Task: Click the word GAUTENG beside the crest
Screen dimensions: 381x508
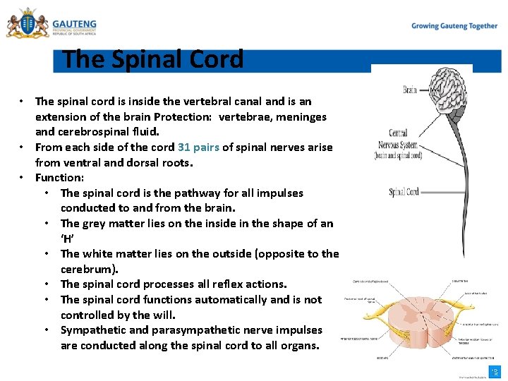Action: (74, 24)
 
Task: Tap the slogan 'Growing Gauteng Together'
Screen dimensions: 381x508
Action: (454, 26)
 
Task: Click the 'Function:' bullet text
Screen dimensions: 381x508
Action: (59, 178)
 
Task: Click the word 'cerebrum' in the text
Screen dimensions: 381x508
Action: (87, 270)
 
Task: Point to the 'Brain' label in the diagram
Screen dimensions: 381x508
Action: (409, 90)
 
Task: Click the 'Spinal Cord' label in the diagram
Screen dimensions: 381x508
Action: (404, 192)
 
